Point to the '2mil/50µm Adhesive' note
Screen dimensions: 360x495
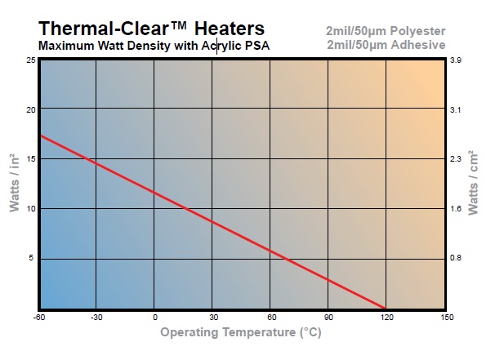[x=387, y=44]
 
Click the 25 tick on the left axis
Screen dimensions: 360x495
[x=30, y=60]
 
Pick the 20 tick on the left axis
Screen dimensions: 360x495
[x=30, y=109]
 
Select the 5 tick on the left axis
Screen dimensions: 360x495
[x=33, y=259]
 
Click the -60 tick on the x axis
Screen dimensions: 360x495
[x=39, y=317]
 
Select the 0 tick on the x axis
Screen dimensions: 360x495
[x=154, y=317]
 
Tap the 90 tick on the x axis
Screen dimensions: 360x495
[x=328, y=317]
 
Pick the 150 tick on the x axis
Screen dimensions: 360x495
[x=445, y=317]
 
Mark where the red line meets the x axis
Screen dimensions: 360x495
[x=386, y=309]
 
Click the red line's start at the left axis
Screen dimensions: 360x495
[x=39, y=136]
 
